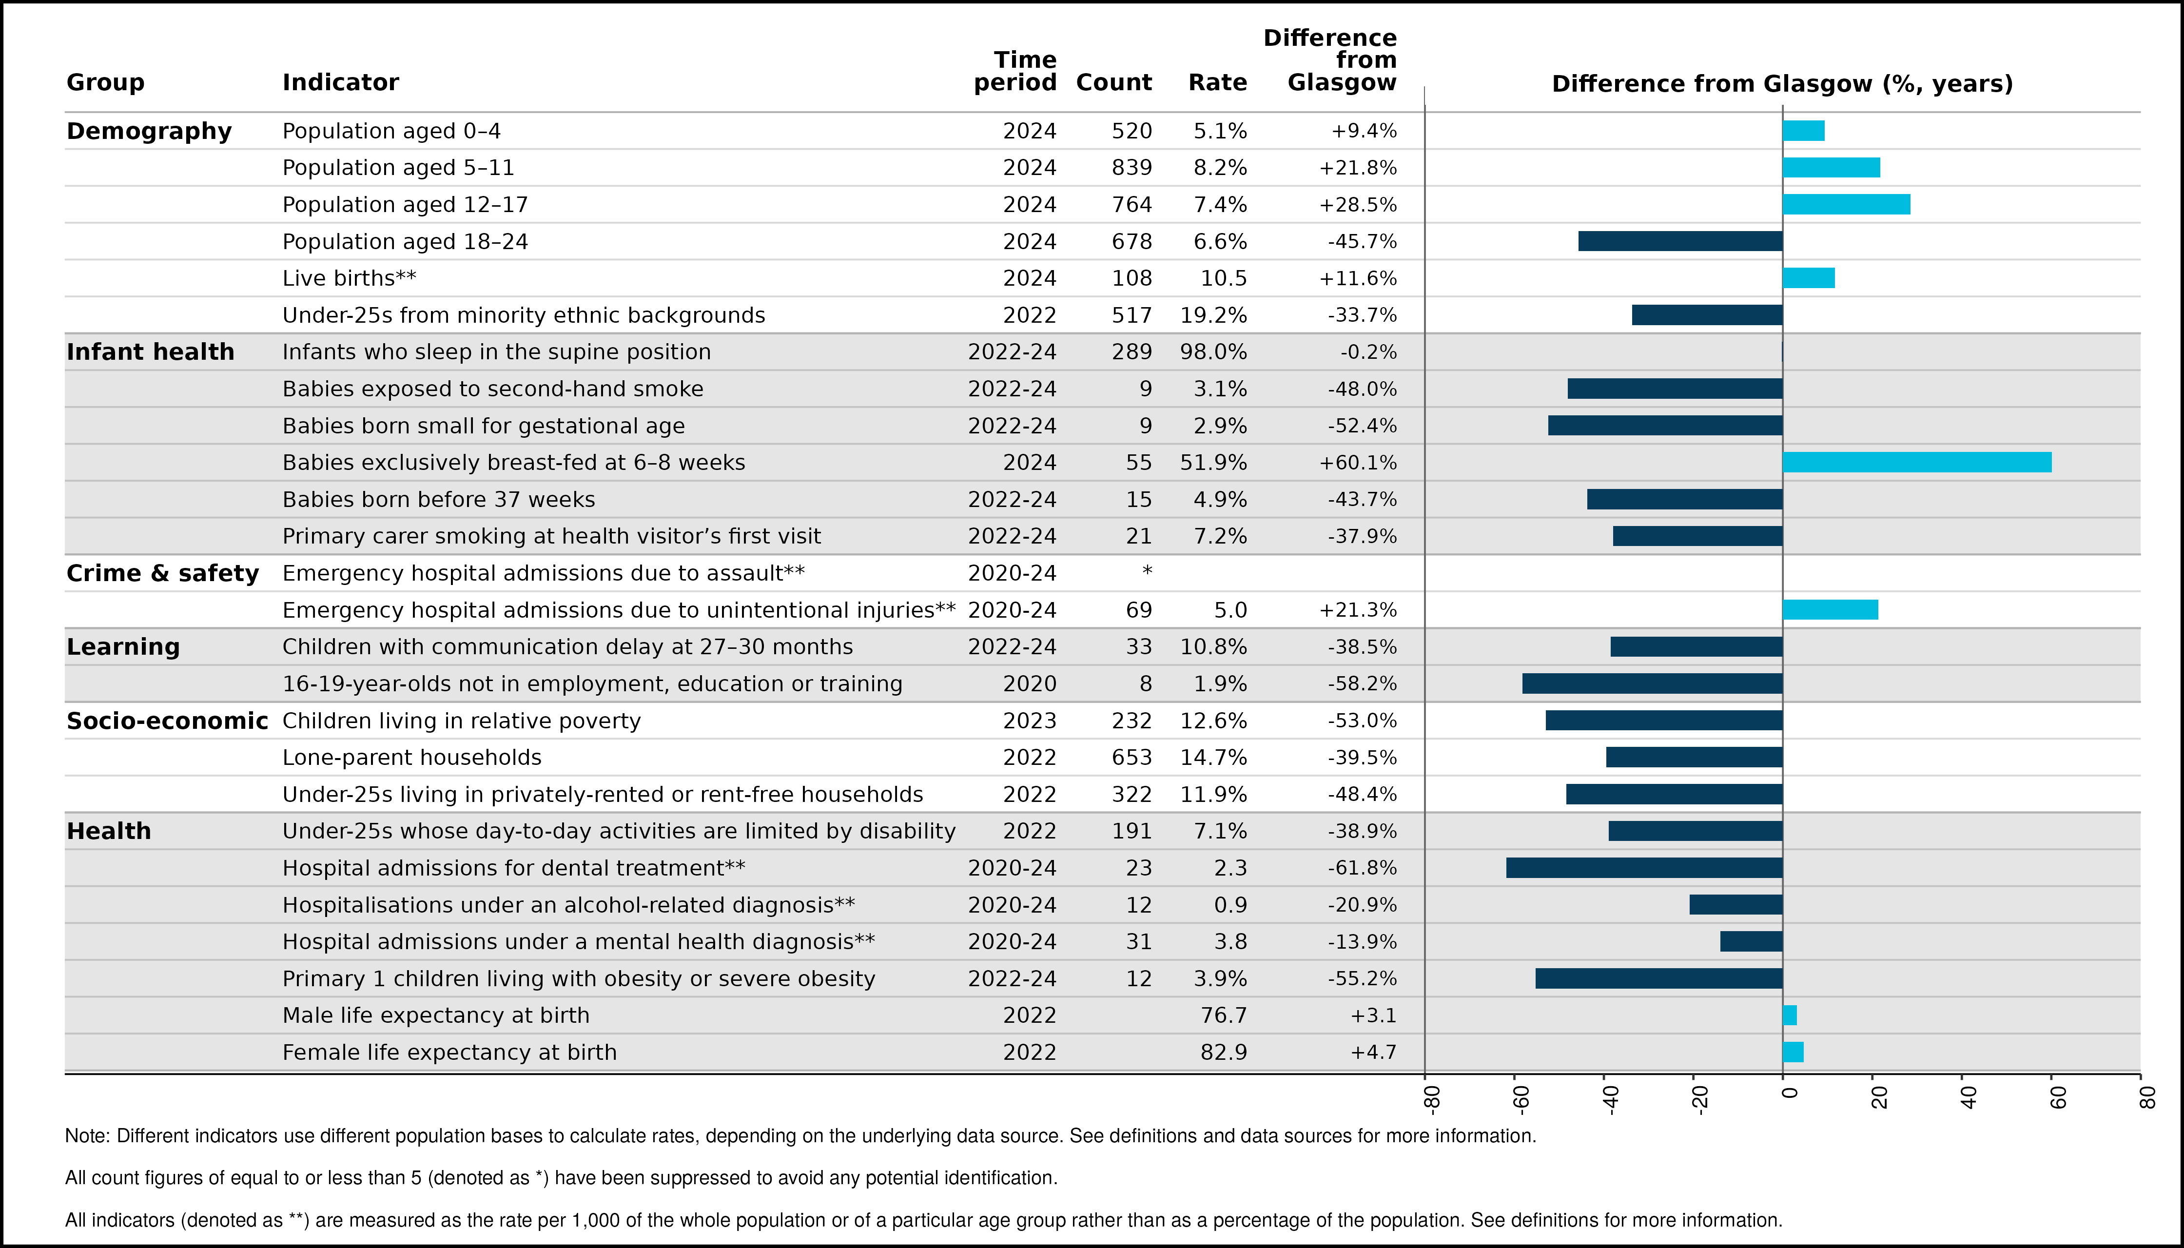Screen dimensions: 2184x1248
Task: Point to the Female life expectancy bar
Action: tap(1793, 1052)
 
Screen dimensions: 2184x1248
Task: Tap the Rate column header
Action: tap(1217, 82)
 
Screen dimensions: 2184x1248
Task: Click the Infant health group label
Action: tap(150, 351)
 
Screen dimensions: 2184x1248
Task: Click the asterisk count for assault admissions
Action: tap(1147, 570)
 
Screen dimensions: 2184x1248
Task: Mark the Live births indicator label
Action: tap(349, 278)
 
